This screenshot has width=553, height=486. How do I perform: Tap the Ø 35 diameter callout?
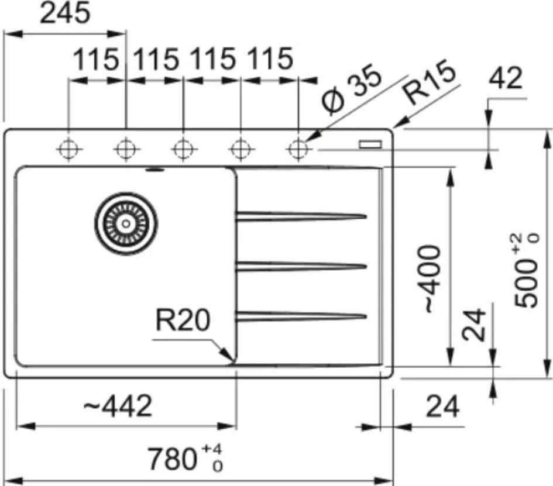[352, 92]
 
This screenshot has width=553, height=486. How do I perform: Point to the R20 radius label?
[183, 320]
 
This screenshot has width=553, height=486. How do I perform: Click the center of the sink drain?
[126, 222]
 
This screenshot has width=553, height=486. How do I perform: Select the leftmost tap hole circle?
[68, 149]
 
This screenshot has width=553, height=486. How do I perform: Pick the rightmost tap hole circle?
[298, 149]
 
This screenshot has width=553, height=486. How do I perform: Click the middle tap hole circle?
[183, 149]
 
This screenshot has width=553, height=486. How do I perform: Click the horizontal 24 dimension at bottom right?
[442, 406]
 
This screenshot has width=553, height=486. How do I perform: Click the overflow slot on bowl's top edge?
[154, 170]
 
